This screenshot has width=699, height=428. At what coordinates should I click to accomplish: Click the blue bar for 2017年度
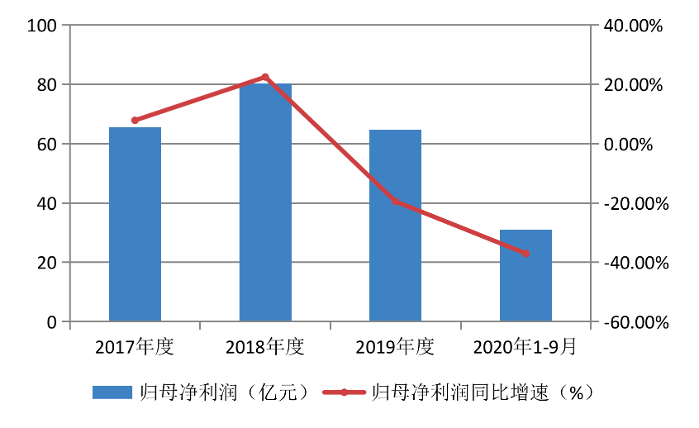[x=135, y=224]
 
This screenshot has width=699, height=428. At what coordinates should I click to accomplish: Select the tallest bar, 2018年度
[x=265, y=202]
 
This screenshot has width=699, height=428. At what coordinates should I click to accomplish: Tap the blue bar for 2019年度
[x=395, y=226]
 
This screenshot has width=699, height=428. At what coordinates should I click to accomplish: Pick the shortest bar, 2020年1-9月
[x=525, y=275]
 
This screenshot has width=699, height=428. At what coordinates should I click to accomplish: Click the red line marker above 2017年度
[x=135, y=121]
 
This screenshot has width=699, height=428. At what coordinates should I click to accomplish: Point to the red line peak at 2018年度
[x=265, y=77]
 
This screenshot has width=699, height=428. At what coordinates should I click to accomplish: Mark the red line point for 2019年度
[x=395, y=201]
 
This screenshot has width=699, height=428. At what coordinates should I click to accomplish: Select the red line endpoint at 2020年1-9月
[x=525, y=253]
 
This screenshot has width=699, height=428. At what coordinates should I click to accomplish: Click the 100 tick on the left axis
[x=41, y=26]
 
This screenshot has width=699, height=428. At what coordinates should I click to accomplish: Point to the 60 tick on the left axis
[x=46, y=145]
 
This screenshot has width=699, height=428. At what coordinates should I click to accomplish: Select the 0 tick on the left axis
[x=52, y=322]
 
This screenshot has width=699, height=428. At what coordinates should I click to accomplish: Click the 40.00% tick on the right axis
[x=635, y=26]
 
